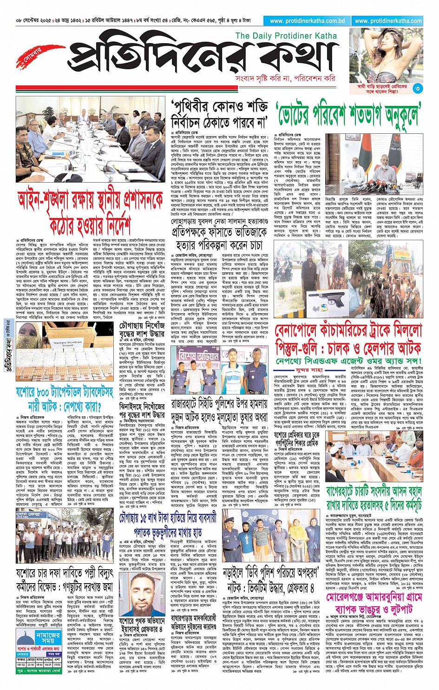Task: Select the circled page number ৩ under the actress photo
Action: [418, 88]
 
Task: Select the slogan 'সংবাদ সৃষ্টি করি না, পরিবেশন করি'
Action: [285, 78]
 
